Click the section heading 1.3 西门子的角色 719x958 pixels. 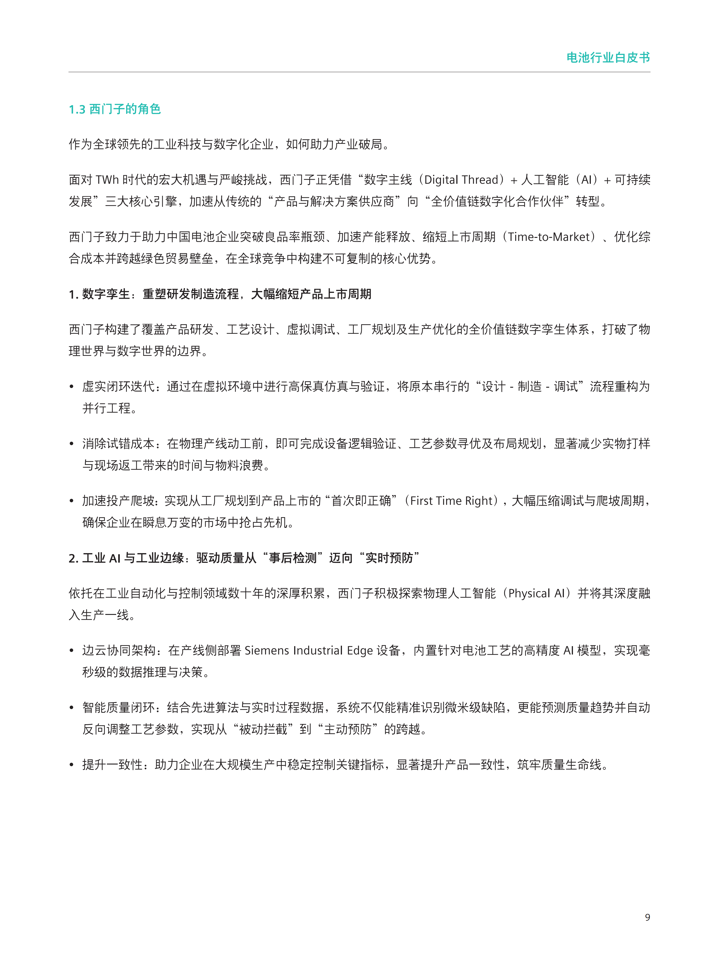[115, 109]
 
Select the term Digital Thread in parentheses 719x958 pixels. [461, 180]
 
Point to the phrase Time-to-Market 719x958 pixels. [549, 237]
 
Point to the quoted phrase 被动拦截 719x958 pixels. [263, 729]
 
